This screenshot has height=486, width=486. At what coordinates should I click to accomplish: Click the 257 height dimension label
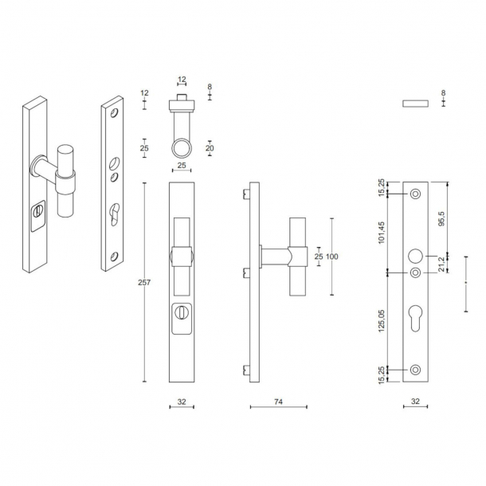[144, 282]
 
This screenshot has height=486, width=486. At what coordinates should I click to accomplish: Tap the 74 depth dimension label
[278, 402]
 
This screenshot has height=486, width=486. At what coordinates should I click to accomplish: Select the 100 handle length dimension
[332, 257]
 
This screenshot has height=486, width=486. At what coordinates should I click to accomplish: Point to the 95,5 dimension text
[441, 218]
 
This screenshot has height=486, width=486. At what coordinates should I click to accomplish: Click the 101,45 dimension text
[382, 233]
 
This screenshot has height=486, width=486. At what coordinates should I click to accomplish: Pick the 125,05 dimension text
[382, 321]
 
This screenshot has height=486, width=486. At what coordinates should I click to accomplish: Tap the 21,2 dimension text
[441, 264]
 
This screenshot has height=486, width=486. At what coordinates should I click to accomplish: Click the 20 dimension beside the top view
[210, 148]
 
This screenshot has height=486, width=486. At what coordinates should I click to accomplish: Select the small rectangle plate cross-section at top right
[416, 104]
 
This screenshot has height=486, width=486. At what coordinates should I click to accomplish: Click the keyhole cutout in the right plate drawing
[415, 318]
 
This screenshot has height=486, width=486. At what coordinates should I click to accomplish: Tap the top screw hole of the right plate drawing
[415, 194]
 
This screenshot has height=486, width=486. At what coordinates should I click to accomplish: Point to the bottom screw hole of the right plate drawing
[415, 370]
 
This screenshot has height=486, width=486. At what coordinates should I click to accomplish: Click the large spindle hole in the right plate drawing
[415, 256]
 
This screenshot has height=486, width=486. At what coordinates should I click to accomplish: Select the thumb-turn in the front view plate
[182, 312]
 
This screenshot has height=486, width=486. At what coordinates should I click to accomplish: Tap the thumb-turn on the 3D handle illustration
[37, 212]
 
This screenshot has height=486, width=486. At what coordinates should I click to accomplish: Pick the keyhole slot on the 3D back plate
[114, 213]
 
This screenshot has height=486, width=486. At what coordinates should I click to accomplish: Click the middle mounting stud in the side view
[246, 272]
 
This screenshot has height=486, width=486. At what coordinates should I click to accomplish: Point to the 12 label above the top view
[182, 80]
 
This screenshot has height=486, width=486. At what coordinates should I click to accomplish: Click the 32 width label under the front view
[182, 402]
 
